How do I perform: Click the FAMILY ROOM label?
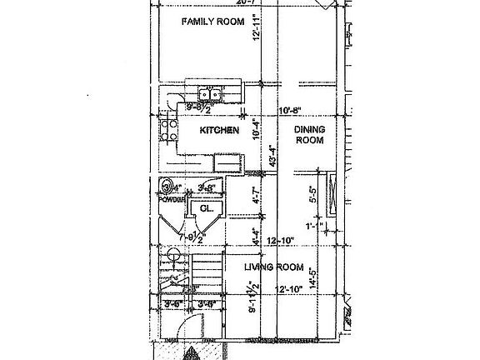(x=214, y=22)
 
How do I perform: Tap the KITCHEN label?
(x=219, y=131)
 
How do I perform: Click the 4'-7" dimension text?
(x=256, y=200)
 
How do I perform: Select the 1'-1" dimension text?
(x=314, y=226)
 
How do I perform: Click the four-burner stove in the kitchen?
(x=169, y=130)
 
